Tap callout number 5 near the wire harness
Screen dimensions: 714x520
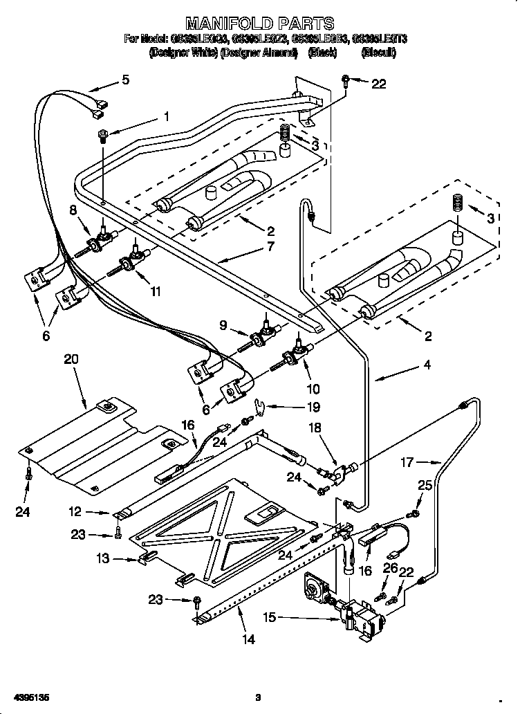[124, 80]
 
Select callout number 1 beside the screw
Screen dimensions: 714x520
[166, 117]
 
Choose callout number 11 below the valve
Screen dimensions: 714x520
[156, 291]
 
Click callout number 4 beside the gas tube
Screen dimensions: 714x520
[427, 364]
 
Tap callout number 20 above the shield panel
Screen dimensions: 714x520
[71, 359]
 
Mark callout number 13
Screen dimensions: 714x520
[103, 558]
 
